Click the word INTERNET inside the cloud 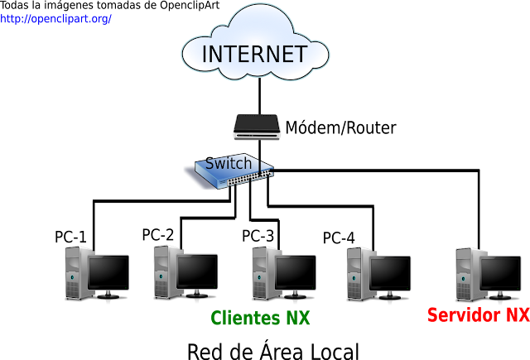[254, 54]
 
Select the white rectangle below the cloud [277, 98]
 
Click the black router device [258, 127]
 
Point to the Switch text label [229, 163]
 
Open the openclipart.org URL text [55, 18]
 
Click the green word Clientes [246, 318]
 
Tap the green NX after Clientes [298, 318]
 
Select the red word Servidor [464, 314]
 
